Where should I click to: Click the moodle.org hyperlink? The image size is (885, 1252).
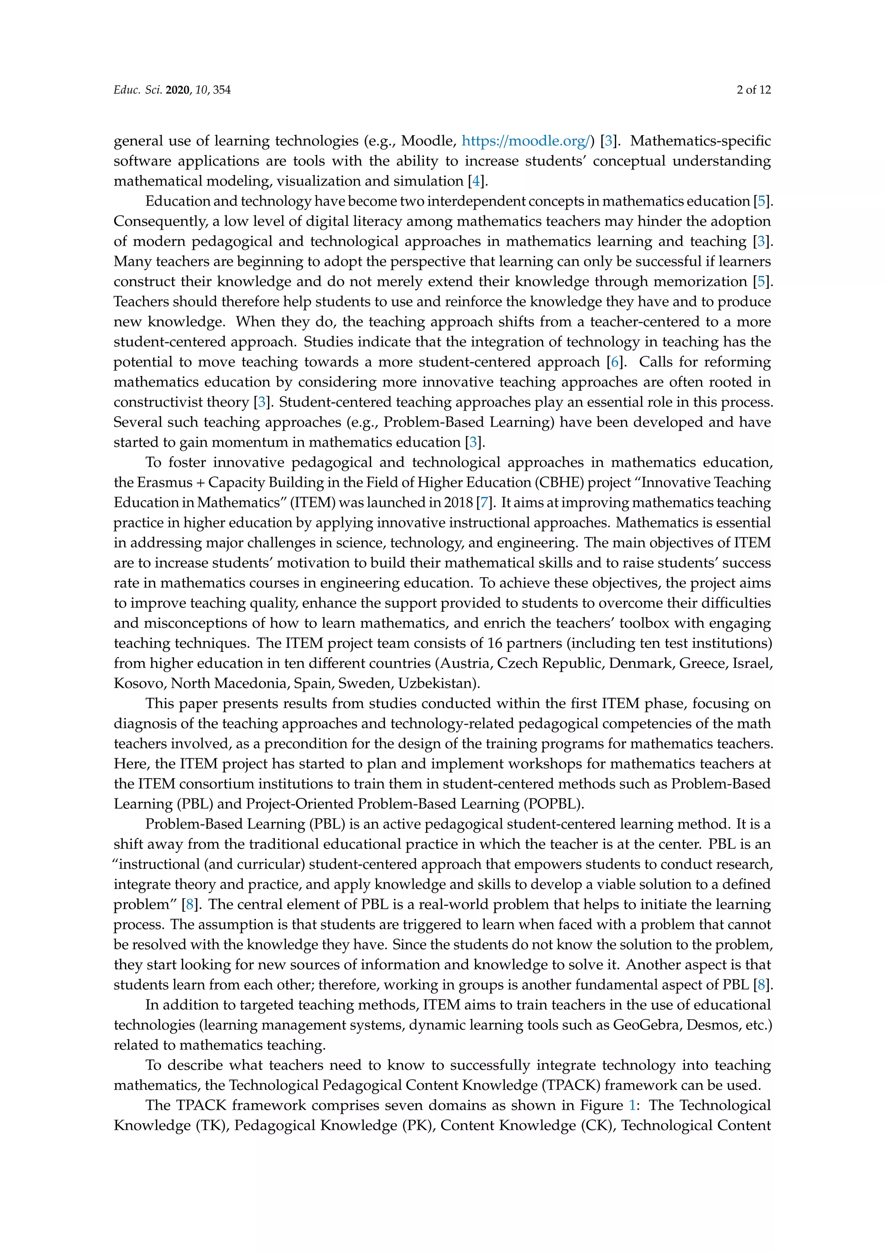tap(525, 141)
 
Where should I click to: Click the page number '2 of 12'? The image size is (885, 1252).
tap(754, 90)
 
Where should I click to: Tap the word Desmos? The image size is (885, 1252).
tap(712, 1025)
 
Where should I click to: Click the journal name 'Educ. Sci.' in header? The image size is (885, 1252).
tap(137, 90)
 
